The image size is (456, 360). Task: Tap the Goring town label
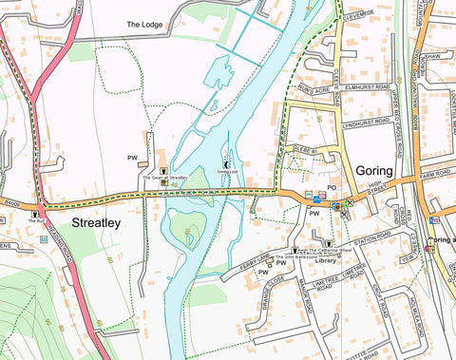[x=375, y=170]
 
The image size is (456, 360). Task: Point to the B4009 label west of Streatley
[x=11, y=200]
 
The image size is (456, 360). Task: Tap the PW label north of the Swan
[x=133, y=157]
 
